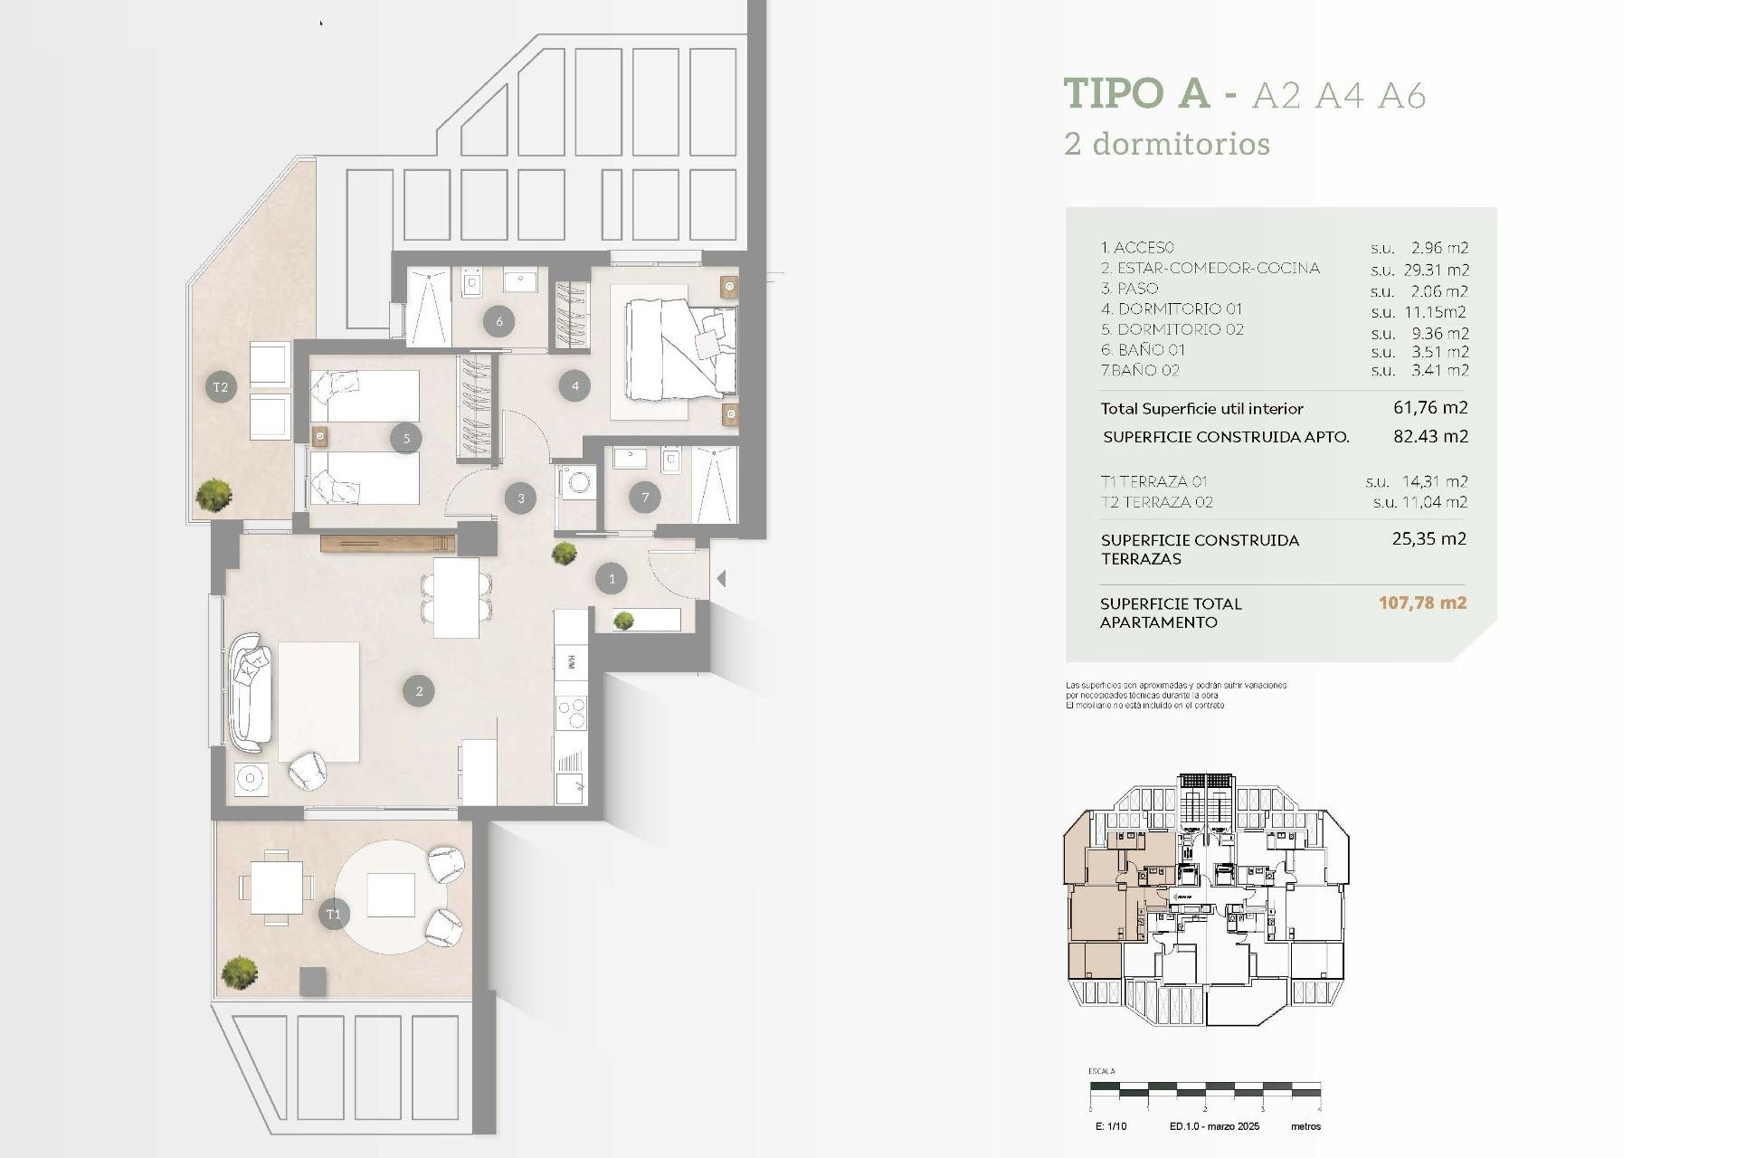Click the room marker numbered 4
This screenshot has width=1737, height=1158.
575,386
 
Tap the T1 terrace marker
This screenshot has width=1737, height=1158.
333,914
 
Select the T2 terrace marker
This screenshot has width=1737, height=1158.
221,387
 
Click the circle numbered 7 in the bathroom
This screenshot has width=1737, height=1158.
645,497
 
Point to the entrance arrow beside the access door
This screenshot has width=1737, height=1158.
721,578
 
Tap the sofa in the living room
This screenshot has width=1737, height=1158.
250,692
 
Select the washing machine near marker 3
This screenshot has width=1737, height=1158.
576,483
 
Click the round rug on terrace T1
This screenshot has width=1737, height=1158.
392,896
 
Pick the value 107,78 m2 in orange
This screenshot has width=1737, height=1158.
1422,603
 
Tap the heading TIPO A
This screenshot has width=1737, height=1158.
1136,93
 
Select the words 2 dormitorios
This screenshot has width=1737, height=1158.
1167,144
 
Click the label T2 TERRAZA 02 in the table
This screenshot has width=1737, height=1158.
1156,502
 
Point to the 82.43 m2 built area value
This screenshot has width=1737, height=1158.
1430,436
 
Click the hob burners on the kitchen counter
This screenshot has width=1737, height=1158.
571,713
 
